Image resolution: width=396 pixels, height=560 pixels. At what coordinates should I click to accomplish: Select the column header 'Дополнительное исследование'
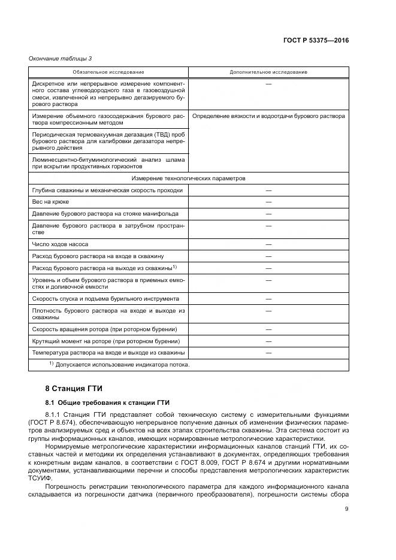pos(268,72)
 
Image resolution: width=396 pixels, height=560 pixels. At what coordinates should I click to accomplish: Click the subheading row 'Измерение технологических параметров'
pos(189,178)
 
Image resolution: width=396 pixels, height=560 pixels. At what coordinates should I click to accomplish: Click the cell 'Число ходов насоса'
pos(61,244)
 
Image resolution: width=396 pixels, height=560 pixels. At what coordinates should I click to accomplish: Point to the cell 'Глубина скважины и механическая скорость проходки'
pos(107,190)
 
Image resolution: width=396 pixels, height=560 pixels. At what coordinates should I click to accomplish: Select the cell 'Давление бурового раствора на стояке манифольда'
pos(105,214)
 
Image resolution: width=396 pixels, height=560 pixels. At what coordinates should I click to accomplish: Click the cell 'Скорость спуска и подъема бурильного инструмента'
pos(105,298)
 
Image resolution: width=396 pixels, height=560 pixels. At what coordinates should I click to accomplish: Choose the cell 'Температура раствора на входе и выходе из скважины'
pos(108,353)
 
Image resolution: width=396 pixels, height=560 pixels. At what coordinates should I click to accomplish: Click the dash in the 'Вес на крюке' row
pos(268,202)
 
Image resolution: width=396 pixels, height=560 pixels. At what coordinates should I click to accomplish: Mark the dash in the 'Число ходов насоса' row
pos(268,244)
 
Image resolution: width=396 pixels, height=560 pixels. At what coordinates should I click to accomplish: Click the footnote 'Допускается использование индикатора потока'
pos(122,365)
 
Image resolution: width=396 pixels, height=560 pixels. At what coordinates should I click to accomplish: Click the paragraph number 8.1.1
pos(55,414)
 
